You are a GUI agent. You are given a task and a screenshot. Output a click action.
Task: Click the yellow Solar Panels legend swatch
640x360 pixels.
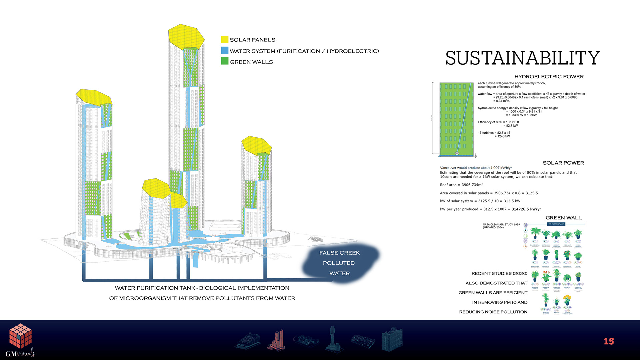coord(225,40)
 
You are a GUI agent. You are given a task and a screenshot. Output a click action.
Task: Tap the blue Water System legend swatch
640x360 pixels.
coord(225,51)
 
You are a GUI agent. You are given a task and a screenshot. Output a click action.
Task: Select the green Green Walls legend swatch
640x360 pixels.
coord(225,61)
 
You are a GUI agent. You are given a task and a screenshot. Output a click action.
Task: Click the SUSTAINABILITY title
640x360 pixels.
coord(522,58)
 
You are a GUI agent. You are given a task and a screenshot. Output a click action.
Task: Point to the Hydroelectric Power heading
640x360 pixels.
coord(549,77)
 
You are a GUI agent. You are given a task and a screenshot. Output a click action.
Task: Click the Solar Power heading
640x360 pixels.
coord(563,163)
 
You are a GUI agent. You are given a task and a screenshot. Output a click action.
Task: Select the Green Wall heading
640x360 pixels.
coord(563,218)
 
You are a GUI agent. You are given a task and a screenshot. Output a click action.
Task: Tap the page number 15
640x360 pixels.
coord(609,341)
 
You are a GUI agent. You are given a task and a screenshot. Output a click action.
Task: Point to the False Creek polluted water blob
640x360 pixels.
coord(340,263)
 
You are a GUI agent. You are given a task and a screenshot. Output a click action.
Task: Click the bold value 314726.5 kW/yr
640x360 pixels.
coord(526,209)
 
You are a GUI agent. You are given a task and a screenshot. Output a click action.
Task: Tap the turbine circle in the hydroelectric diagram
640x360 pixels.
coord(457,153)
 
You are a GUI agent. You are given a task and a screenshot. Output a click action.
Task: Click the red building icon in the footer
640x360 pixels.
coord(277,340)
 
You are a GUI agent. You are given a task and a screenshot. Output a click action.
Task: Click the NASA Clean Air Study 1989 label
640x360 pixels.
coord(501,225)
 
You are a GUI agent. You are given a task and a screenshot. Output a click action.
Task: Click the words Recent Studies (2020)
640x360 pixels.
coord(499,274)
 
